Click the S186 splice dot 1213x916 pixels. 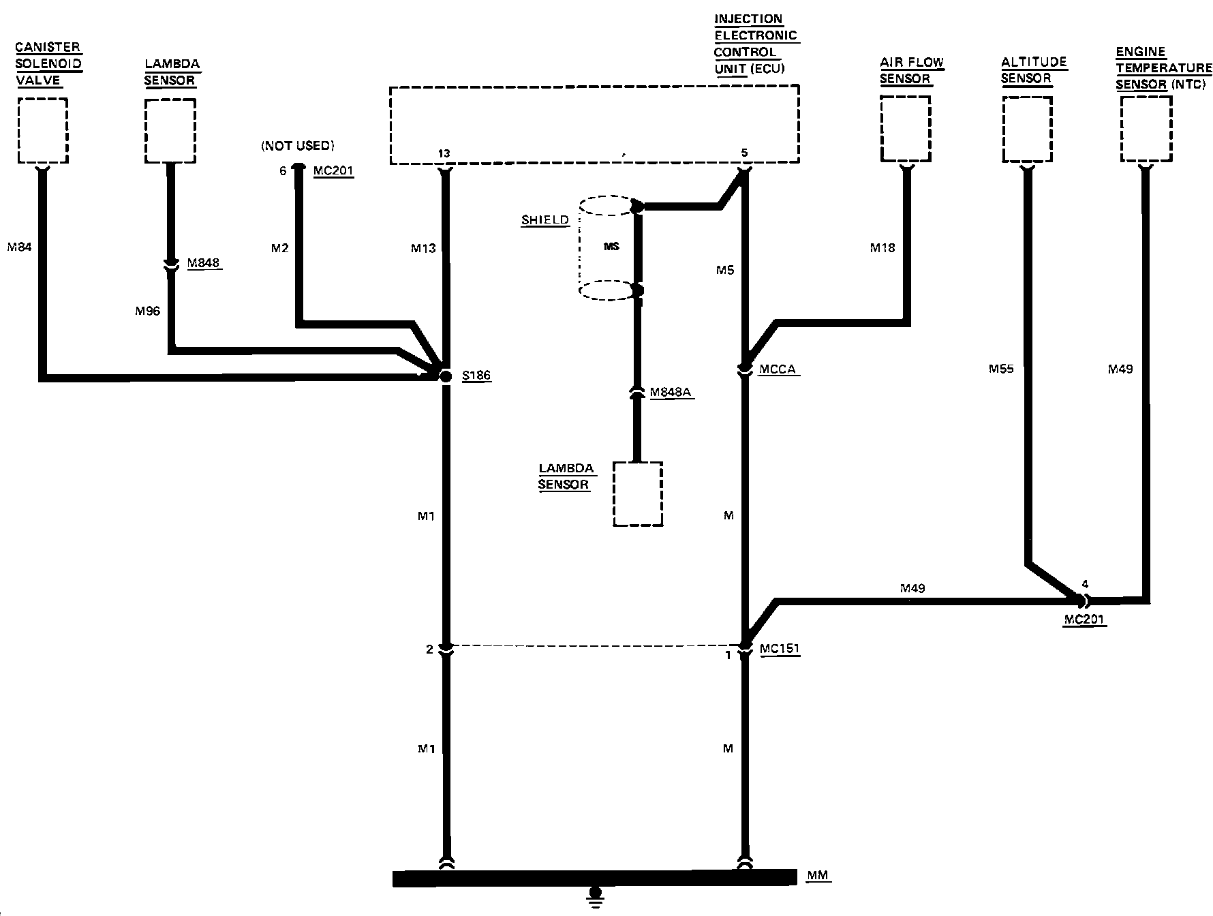445,376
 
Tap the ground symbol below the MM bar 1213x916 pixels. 596,895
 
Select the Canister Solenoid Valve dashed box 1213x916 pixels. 42,130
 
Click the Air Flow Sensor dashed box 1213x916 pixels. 906,129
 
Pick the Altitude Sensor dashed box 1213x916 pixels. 1028,129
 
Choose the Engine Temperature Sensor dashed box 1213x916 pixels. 1146,129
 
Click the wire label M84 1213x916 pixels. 19,247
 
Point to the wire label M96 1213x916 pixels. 147,311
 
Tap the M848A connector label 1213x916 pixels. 671,392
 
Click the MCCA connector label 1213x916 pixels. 778,369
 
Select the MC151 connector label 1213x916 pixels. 780,649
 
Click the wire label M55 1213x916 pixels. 1001,369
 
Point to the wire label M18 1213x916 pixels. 882,248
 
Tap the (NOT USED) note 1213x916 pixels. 298,146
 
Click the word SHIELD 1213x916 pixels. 544,220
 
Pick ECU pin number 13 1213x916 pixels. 444,154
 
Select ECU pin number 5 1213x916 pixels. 744,153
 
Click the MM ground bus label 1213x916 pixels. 818,875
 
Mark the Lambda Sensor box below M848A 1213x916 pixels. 638,494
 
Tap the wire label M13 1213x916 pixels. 423,249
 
